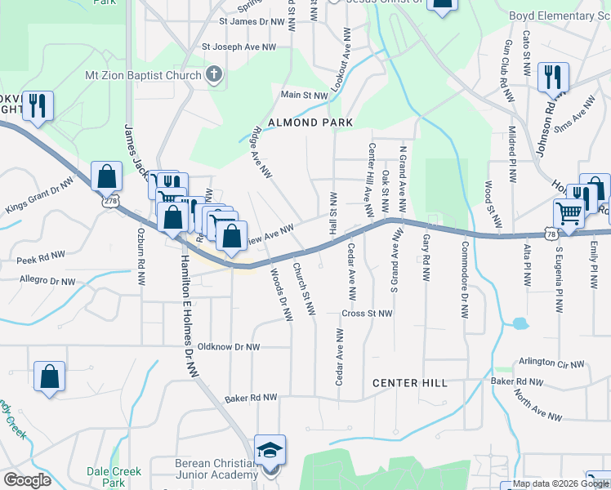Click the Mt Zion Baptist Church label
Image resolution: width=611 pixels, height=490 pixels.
click(143, 76)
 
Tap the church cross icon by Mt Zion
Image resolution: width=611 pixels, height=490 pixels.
click(214, 76)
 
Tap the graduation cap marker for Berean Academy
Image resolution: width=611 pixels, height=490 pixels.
click(270, 451)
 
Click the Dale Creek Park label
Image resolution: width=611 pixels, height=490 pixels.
click(114, 477)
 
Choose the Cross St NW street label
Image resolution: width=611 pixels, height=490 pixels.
click(368, 314)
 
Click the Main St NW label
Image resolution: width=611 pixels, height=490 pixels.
click(304, 96)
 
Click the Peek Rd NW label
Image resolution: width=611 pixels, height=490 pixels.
click(41, 257)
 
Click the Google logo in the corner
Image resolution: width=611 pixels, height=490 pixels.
click(27, 480)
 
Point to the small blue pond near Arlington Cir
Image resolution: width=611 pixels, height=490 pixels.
click(520, 323)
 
